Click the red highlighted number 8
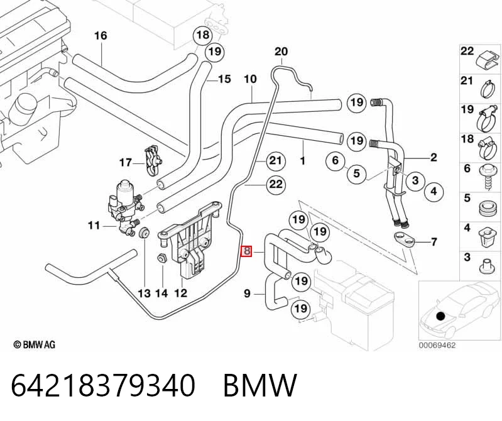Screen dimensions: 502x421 pos(246,251)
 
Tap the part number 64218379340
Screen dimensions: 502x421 pos(103,385)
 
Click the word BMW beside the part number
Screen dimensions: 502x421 pos(259,385)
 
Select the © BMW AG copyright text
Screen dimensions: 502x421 pos(35,345)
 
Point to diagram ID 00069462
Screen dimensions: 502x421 pos(437,346)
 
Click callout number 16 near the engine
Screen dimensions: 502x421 pos(101,35)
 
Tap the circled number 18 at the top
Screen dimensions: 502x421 pos(203,35)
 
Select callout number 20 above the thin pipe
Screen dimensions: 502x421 pos(281,52)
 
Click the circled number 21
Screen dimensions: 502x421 pos(276,160)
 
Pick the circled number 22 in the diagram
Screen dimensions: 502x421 pos(276,184)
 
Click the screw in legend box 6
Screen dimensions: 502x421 pos(487,177)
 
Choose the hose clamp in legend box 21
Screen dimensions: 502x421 pos(489,89)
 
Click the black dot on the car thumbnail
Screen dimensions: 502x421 pos(441,316)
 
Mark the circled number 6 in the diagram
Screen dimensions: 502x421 pos(336,160)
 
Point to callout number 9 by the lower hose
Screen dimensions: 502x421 pos(247,293)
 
